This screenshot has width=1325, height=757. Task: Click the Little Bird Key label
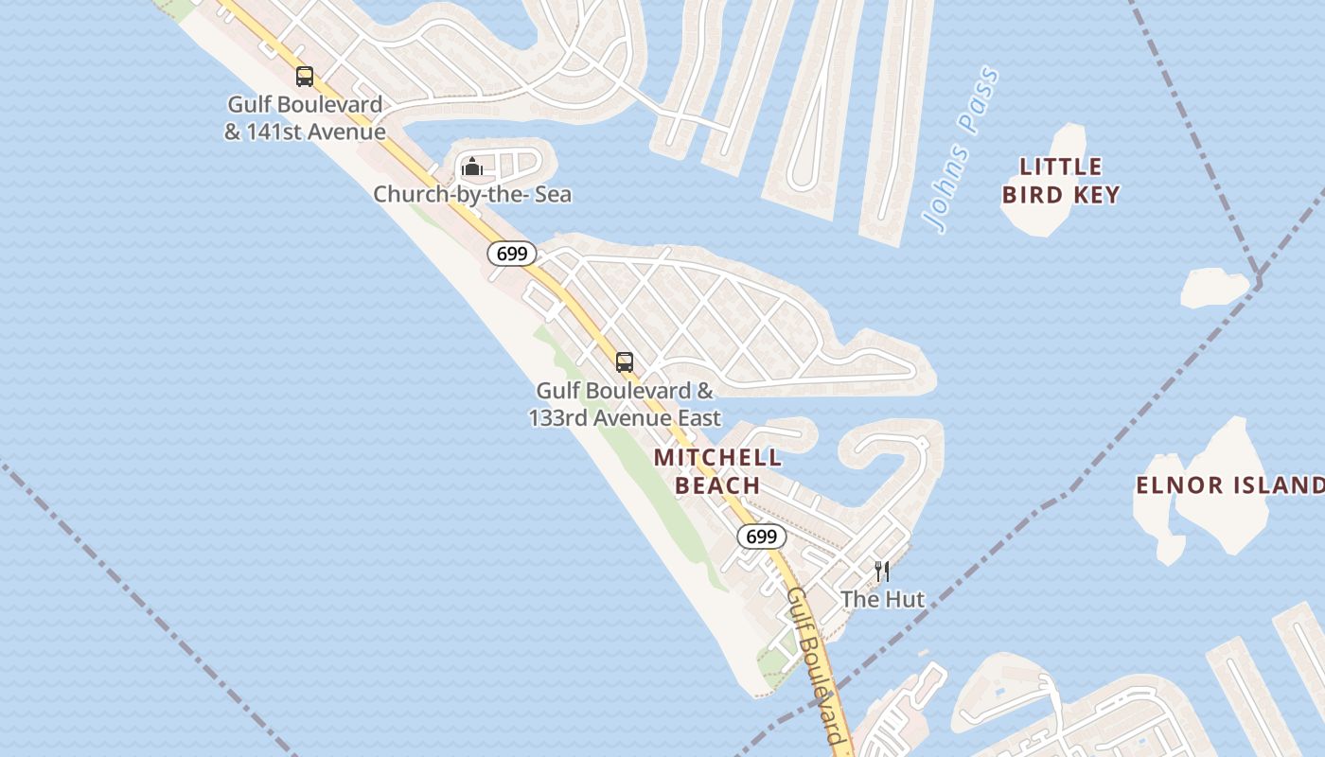(x=1061, y=181)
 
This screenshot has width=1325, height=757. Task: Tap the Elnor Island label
(x=1229, y=485)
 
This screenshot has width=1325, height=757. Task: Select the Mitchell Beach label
(x=718, y=471)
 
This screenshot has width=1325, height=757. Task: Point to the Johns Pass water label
(x=962, y=149)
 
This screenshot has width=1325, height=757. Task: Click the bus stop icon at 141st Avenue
(x=305, y=77)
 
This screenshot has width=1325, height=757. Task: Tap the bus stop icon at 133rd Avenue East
(x=625, y=361)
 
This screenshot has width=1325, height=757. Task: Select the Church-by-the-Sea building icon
(x=472, y=167)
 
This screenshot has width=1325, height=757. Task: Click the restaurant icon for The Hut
(x=882, y=571)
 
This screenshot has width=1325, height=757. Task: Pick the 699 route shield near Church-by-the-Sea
(x=512, y=254)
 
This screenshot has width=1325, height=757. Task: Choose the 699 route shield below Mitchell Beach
(x=762, y=537)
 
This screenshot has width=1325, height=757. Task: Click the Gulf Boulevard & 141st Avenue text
(x=305, y=118)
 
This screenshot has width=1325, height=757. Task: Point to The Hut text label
(x=882, y=599)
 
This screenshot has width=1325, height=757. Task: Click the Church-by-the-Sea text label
(x=472, y=195)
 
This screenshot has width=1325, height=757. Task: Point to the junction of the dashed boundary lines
(x=1259, y=280)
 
